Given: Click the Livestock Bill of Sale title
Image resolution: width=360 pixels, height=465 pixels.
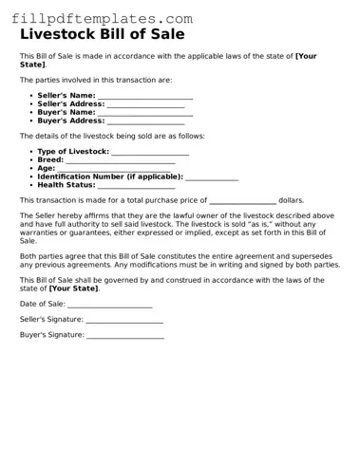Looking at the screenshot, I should point(103,35).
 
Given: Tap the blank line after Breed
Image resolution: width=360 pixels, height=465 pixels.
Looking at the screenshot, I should point(120,161).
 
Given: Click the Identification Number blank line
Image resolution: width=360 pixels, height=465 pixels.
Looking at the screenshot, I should point(211,177).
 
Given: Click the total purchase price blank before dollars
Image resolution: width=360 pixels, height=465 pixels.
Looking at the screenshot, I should point(242,202).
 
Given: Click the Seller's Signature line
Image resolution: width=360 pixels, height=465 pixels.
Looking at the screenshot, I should point(123,321).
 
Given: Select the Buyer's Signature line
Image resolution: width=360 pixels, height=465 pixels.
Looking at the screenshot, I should point(123,336).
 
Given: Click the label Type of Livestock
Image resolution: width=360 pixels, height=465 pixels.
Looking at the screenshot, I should point(73,152).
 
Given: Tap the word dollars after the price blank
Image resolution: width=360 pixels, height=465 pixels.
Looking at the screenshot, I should point(292,201).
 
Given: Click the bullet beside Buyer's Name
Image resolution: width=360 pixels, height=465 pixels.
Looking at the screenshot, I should point(31,113).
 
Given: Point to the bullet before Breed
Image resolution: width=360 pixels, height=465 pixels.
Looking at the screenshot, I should point(31,160).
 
